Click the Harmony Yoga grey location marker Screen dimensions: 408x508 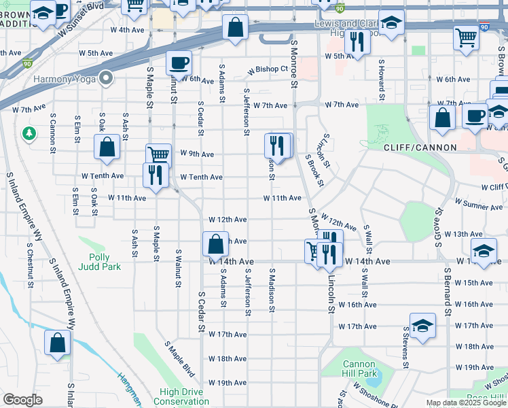click(105, 79)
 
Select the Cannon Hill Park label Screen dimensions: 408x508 click(359, 369)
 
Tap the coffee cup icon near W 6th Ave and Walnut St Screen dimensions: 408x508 click(178, 63)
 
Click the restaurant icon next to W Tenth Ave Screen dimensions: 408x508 click(156, 175)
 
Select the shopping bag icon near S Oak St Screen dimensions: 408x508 click(107, 147)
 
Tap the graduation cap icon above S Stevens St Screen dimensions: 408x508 click(422, 325)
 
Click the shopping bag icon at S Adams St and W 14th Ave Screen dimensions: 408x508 click(215, 243)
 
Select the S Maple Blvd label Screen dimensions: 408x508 click(179, 360)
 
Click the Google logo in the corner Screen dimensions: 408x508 click(22, 400)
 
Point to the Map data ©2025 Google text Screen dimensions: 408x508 click(465, 403)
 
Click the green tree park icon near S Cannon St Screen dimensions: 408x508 click(29, 131)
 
